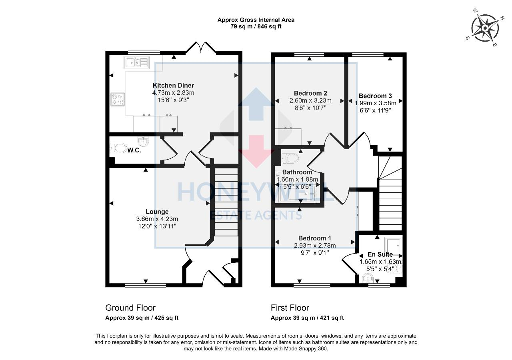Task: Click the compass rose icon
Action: point(485,28)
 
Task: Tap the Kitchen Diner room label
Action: point(173,85)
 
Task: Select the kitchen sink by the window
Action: point(136,62)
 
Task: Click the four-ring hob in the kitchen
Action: point(117,99)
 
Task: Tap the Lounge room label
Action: point(157,212)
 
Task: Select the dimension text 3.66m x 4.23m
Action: point(157,219)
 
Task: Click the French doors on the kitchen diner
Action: point(200,49)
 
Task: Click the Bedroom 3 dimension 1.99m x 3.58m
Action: point(375,103)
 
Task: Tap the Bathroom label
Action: point(297,172)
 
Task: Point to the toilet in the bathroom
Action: point(290,158)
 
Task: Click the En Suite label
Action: point(380,254)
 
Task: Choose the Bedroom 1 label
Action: point(315,238)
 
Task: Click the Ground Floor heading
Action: point(130,308)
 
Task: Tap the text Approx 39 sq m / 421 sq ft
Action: point(307,318)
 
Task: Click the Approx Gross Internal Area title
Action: point(256,20)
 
